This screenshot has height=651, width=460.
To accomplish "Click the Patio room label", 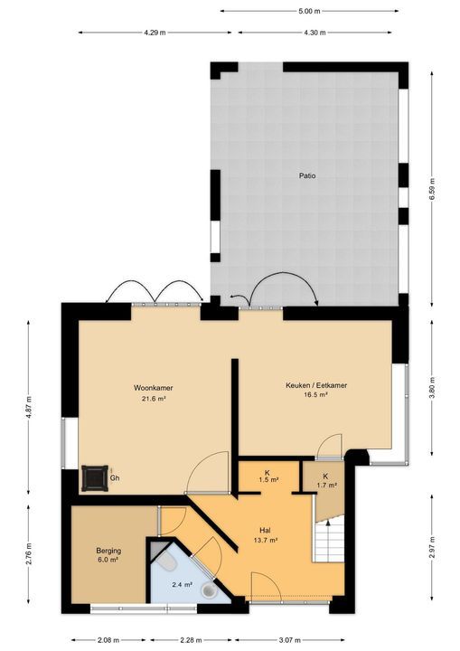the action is point(307,175).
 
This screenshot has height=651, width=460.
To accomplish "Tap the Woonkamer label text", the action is point(154,388).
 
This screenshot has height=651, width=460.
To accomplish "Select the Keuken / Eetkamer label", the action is point(316,385).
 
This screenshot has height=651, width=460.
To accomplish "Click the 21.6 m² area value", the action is point(154,399).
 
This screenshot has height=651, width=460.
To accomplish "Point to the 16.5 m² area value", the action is point(316,395).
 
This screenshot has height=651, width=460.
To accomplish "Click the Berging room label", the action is point(108,551).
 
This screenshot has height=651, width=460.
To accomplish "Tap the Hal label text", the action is point(265,530).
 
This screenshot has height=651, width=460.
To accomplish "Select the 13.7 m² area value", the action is point(265,541).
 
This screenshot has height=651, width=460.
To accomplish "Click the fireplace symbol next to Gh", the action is point(95,478).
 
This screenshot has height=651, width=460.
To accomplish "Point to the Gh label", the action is point(115,478).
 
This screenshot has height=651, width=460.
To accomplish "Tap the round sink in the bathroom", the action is point(209,590).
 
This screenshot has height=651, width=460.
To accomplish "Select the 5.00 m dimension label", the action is point(309,11).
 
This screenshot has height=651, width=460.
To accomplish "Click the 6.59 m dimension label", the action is point(433,189).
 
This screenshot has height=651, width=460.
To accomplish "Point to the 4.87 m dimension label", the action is point(29,408).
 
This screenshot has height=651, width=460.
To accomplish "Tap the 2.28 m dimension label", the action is point(192,640).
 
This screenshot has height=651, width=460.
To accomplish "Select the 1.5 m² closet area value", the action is point(268,480).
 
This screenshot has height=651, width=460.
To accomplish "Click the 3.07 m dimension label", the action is point(289,640).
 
